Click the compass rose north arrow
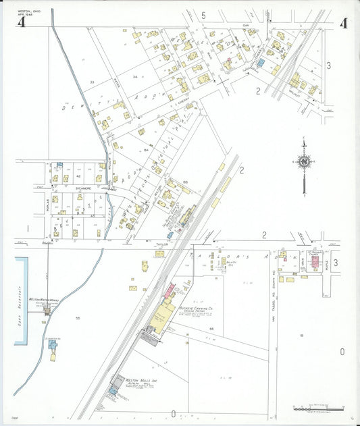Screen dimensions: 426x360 (305, 161)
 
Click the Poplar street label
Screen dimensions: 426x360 (47, 206)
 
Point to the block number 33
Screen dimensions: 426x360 (92, 82)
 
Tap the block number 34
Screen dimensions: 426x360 (135, 77)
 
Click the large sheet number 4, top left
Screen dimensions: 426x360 (22, 23)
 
